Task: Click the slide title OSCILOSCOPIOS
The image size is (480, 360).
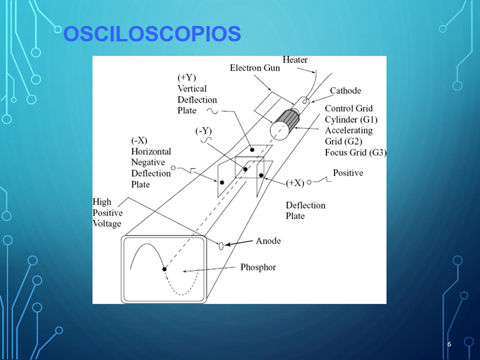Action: point(152,33)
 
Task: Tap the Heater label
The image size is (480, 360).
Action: point(295,59)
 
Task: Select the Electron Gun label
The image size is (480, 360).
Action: point(255,68)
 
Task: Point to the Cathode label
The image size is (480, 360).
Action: point(345,90)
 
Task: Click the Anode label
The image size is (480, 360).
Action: point(268,241)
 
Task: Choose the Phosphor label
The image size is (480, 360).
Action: point(258,267)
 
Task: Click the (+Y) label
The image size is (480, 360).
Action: point(186,78)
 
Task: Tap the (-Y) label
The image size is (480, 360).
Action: point(203,131)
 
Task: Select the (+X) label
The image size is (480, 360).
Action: point(295,183)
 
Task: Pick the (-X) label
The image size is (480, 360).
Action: point(139,140)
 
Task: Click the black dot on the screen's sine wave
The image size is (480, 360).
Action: point(164,269)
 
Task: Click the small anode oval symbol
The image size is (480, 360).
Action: point(221,245)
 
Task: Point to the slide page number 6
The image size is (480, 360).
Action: point(449,344)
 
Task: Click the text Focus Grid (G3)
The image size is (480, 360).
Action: point(355,152)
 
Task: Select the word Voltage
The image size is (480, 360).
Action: point(107,224)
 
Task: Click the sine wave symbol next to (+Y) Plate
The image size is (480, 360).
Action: point(212,111)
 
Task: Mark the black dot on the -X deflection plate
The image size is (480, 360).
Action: point(222,182)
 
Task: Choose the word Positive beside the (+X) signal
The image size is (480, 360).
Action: point(348,173)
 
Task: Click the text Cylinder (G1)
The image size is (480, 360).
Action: point(351,119)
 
